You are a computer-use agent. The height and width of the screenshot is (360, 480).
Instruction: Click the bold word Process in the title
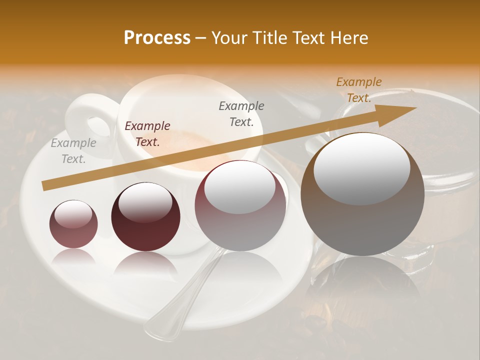(x=157, y=38)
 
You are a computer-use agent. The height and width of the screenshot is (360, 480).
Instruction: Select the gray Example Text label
(x=73, y=151)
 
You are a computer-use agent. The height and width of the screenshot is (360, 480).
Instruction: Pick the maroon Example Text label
(x=147, y=134)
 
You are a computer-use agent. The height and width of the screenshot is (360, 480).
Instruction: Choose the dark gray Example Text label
(x=241, y=113)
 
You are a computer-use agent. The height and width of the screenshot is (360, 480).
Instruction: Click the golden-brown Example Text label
(x=359, y=90)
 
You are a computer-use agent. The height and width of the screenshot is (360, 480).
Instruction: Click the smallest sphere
(x=73, y=223)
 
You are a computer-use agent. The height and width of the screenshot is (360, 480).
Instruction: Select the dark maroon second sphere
(x=145, y=216)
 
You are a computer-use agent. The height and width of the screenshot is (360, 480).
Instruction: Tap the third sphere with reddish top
(x=240, y=205)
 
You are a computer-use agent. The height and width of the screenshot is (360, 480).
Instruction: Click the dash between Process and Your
(x=201, y=38)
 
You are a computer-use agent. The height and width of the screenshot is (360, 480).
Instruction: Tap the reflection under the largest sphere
(x=362, y=285)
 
